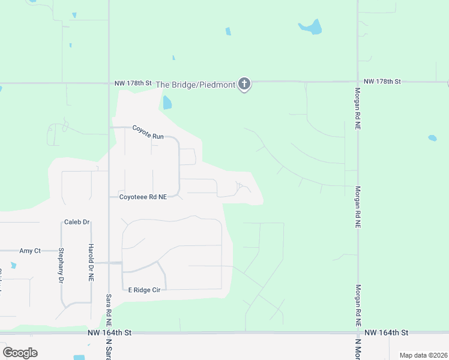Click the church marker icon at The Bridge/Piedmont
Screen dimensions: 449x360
pyautogui.click(x=244, y=84)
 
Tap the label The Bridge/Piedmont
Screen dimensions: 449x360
pyautogui.click(x=196, y=85)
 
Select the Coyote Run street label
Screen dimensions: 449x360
pyautogui.click(x=148, y=136)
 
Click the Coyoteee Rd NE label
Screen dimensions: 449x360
pyautogui.click(x=143, y=197)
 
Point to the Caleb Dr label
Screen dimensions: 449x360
pyautogui.click(x=76, y=223)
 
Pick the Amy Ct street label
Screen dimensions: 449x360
pyautogui.click(x=30, y=251)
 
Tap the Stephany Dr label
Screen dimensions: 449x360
pyautogui.click(x=61, y=265)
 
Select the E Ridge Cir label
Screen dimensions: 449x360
pyautogui.click(x=144, y=290)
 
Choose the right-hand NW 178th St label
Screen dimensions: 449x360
pyautogui.click(x=382, y=81)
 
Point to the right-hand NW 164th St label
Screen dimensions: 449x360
pyautogui.click(x=386, y=332)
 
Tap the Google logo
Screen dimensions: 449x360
pyautogui.click(x=20, y=353)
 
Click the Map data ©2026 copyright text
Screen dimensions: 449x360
pyautogui.click(x=423, y=355)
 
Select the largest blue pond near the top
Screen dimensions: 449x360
pyautogui.click(x=311, y=27)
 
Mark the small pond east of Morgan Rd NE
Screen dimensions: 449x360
pyautogui.click(x=432, y=138)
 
